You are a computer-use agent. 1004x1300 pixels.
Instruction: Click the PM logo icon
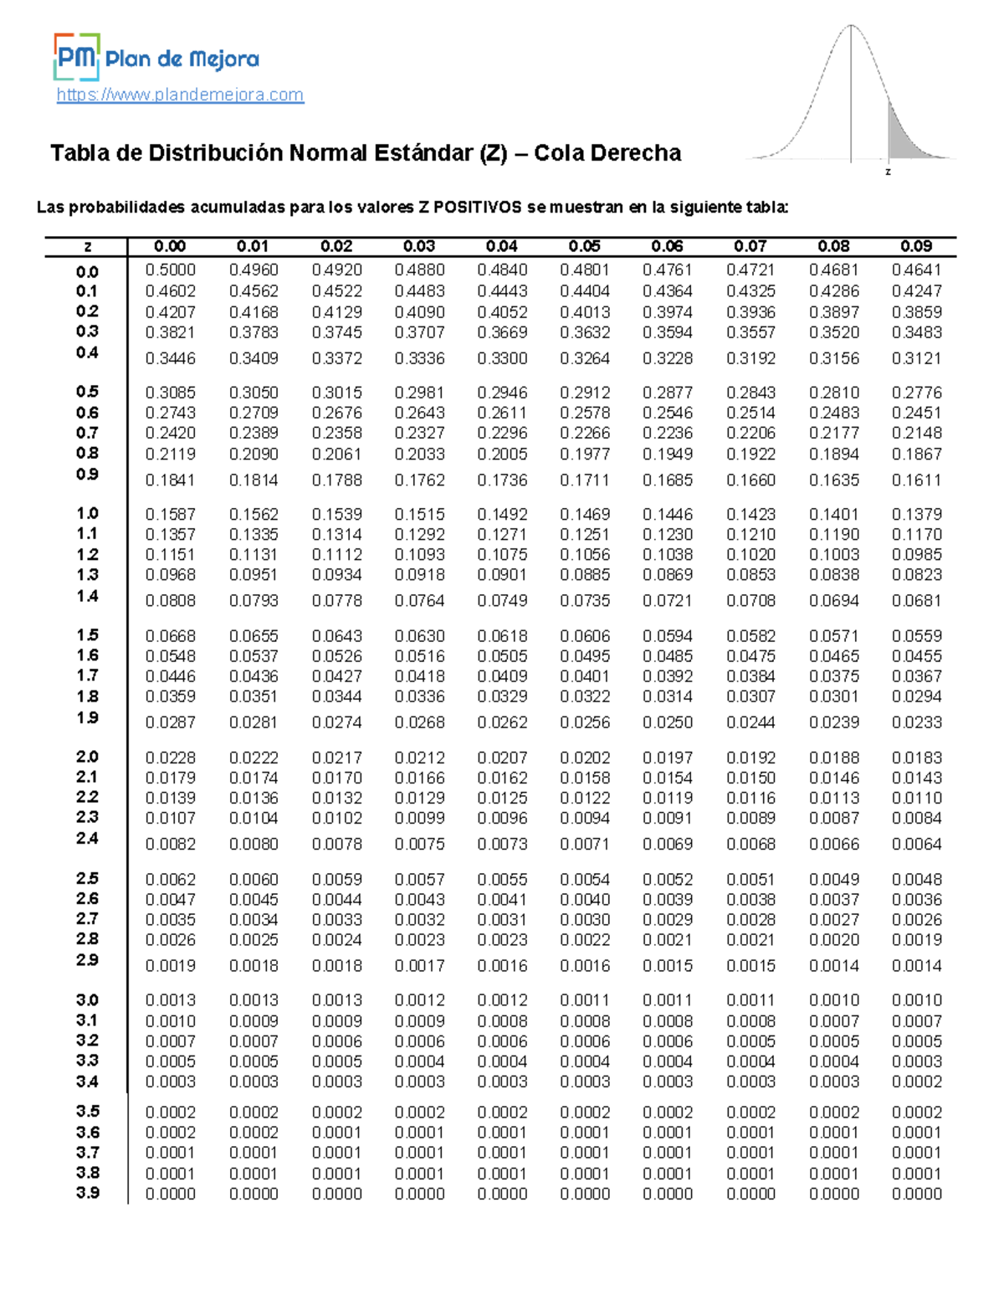(76, 56)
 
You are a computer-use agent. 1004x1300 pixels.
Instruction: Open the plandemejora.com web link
(180, 95)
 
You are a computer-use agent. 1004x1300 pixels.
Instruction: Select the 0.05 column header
(584, 246)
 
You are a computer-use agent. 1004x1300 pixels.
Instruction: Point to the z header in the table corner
(87, 246)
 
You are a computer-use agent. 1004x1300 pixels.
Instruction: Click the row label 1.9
(87, 717)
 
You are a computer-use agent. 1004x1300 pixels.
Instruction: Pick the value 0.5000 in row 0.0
(170, 270)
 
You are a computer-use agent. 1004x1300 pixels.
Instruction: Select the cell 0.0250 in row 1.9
(667, 722)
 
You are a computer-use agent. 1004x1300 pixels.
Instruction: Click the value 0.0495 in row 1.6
(584, 656)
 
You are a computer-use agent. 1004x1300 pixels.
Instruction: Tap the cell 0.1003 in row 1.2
(833, 554)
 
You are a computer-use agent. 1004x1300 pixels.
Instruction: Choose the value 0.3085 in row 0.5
(170, 392)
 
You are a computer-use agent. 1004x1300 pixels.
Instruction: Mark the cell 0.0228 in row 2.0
(170, 758)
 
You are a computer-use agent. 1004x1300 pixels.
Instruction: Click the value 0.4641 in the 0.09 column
(916, 270)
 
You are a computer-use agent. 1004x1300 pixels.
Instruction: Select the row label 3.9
(87, 1193)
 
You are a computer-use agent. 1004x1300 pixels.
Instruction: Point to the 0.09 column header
(916, 246)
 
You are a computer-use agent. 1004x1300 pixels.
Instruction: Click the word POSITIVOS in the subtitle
(478, 207)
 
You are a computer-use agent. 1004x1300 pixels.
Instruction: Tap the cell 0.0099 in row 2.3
(418, 818)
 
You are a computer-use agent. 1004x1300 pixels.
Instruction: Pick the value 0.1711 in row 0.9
(584, 480)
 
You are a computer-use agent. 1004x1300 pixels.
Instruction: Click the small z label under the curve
(888, 172)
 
